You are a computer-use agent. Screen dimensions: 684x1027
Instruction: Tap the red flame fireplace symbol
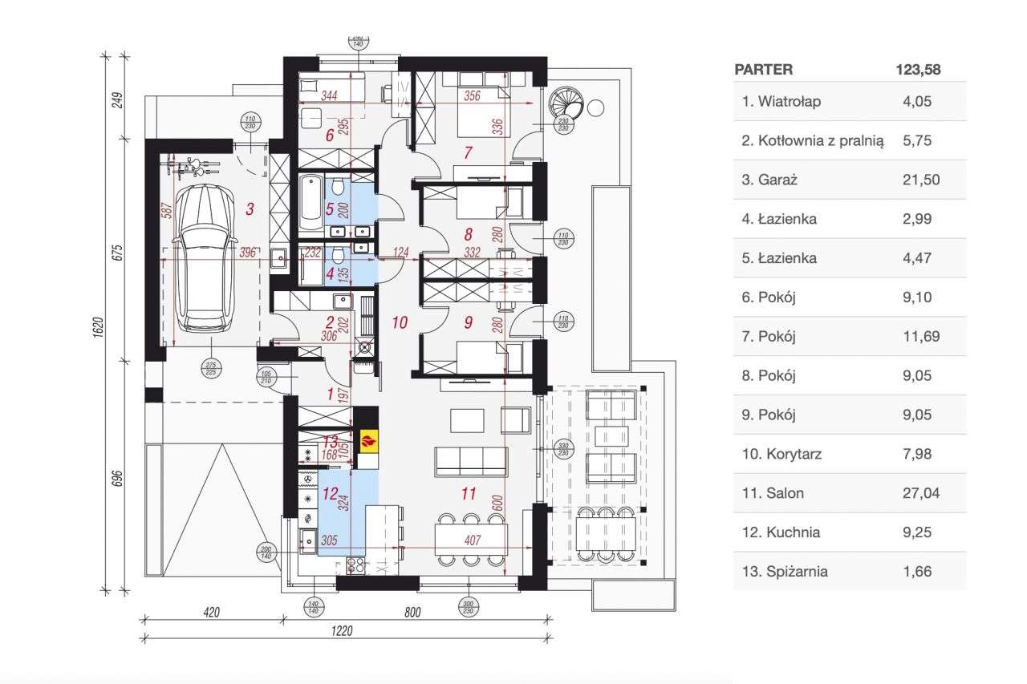click(x=367, y=439)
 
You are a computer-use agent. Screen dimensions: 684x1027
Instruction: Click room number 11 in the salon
click(x=469, y=494)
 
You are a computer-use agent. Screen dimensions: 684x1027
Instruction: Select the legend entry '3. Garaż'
click(x=769, y=180)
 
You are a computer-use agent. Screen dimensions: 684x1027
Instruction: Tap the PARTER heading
click(x=763, y=70)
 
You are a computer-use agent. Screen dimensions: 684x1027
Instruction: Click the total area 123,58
click(x=918, y=70)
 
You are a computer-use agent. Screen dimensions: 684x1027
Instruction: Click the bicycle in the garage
click(x=193, y=166)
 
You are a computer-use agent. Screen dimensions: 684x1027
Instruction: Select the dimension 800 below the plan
click(x=413, y=613)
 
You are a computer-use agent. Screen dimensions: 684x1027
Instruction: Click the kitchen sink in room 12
click(x=307, y=540)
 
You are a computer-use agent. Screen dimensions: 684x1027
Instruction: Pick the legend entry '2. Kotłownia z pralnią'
click(x=812, y=140)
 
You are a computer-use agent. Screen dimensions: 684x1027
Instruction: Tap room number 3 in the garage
click(x=250, y=209)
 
